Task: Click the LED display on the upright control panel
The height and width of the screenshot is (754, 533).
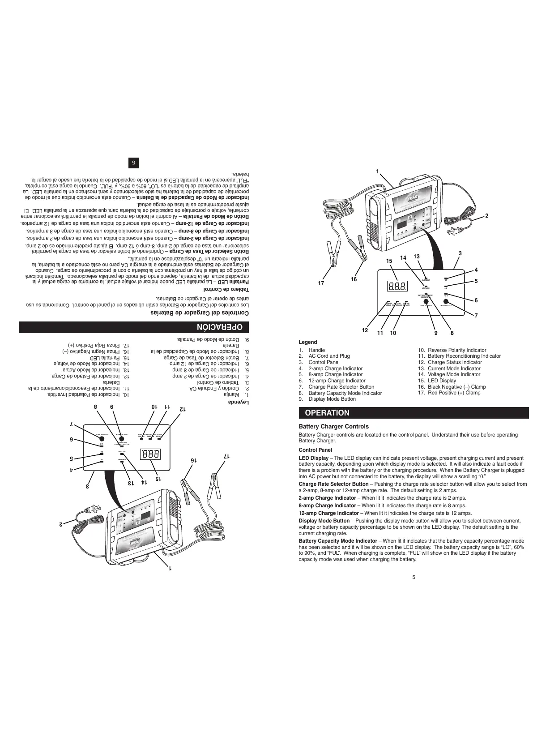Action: (x=398, y=286)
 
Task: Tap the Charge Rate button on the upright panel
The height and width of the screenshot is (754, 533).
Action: (x=446, y=301)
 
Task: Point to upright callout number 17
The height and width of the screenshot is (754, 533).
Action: (x=321, y=283)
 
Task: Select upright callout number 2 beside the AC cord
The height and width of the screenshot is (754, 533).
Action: (x=486, y=216)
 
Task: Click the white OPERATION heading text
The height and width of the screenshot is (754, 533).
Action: (x=327, y=413)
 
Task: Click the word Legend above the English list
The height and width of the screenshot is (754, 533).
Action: (x=307, y=342)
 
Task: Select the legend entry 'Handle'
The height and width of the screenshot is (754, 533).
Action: (x=316, y=350)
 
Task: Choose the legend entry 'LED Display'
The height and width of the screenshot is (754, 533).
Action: (x=442, y=381)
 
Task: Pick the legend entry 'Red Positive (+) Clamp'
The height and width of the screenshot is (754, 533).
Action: (x=454, y=393)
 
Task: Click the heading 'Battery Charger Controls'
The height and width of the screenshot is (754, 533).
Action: (x=333, y=427)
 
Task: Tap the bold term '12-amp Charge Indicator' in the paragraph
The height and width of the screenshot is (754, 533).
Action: (x=328, y=513)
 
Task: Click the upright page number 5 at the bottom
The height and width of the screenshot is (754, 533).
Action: (x=414, y=577)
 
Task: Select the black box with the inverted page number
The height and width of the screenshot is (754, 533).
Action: (x=133, y=163)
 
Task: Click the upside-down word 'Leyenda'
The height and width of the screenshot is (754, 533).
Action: (x=238, y=402)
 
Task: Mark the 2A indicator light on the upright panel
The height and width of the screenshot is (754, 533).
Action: (x=446, y=278)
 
